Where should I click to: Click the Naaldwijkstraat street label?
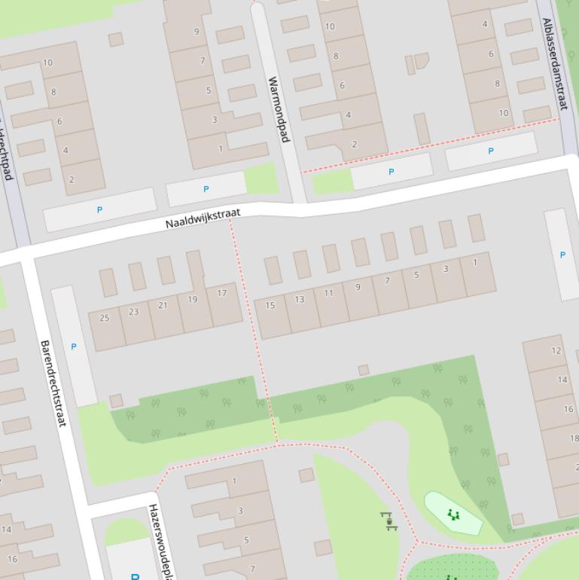[x=203, y=218]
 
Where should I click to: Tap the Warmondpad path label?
[x=278, y=109]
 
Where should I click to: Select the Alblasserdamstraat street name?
[x=554, y=64]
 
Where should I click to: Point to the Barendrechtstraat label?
[x=53, y=383]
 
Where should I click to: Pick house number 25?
[x=105, y=318]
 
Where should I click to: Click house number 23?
[x=134, y=311]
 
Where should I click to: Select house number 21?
[x=163, y=305]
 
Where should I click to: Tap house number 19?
[x=192, y=299]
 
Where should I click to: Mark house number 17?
[x=221, y=293]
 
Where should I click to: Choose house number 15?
[x=270, y=305]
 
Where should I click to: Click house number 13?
[x=300, y=299]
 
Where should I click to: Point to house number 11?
[x=328, y=293]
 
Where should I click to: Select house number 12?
[x=556, y=350]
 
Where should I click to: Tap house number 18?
[x=574, y=438]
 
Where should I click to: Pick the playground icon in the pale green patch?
[x=453, y=514]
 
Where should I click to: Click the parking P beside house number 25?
[x=74, y=346]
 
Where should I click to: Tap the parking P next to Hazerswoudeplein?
[x=136, y=576]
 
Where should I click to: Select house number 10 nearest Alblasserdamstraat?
[x=504, y=113]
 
